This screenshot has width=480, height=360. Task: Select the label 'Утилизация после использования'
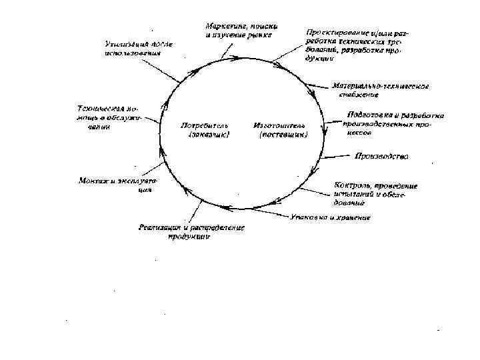(137, 49)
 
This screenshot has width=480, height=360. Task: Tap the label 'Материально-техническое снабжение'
(380, 90)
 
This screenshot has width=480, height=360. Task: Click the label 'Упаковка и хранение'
(330, 218)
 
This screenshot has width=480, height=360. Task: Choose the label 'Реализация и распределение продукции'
(191, 231)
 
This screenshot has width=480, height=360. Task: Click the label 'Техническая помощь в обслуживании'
(109, 117)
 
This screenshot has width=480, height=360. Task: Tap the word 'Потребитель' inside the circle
(205, 125)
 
